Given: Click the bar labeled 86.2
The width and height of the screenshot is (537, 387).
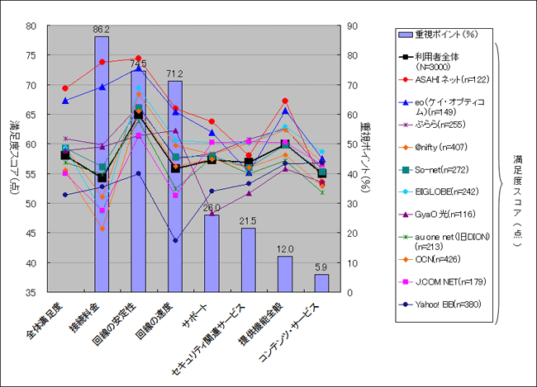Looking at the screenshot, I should [102, 165].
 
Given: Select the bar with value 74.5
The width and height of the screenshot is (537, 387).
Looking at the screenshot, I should [138, 182].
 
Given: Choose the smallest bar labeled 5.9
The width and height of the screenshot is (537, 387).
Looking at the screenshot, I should [321, 283].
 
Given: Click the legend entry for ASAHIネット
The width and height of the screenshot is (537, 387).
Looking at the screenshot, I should [446, 79].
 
